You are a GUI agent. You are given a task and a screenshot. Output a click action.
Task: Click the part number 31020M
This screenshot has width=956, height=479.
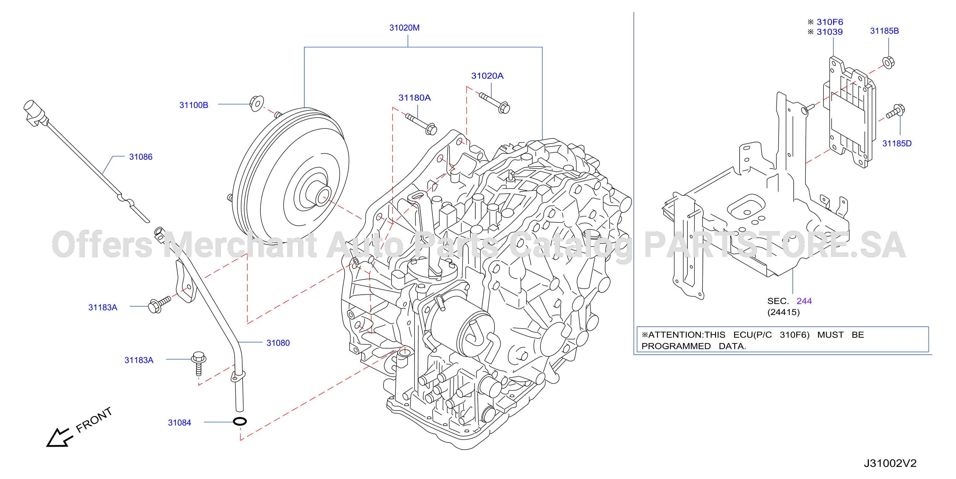coord(404,28)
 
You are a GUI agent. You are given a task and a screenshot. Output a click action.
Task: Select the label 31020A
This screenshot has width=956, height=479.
coord(487,76)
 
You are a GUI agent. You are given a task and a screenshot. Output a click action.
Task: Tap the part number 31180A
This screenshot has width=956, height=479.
coord(414,98)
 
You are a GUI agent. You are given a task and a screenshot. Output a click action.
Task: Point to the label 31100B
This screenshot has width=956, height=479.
coord(194,105)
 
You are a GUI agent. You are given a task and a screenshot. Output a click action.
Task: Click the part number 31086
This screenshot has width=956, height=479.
coord(141,157)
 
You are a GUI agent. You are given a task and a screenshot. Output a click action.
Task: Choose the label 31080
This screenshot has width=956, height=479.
coord(278,343)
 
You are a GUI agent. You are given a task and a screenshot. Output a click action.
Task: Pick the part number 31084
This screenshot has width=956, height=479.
coord(179,423)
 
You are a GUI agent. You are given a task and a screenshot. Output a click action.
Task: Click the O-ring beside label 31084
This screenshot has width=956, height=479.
coord(240,421)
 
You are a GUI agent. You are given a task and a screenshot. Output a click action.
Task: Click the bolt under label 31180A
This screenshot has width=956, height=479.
coord(421,124)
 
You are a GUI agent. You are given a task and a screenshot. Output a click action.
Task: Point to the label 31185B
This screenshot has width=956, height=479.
coord(884,31)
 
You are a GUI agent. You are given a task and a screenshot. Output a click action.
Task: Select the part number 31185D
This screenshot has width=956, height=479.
coord(897,143)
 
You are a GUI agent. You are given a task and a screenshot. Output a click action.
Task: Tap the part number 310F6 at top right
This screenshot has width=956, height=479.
coord(830,22)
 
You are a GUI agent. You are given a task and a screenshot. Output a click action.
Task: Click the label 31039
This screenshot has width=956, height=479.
coord(830,32)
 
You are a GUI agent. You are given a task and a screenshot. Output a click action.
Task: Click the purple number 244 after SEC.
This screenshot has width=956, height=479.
coord(804,301)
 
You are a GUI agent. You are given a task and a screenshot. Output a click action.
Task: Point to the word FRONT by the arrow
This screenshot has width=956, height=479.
coord(94,420)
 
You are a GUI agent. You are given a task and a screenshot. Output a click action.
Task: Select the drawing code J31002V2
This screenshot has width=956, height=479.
coord(890,464)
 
